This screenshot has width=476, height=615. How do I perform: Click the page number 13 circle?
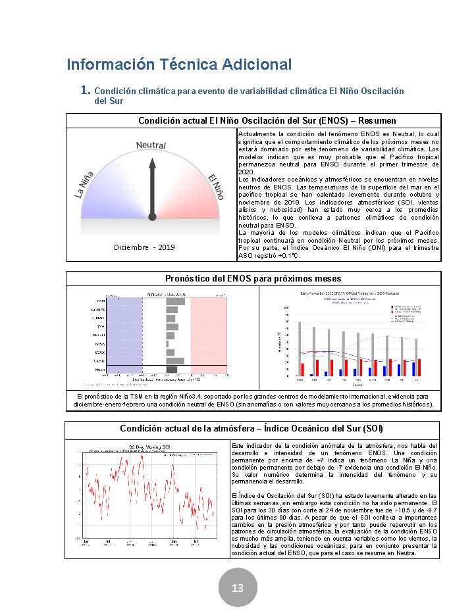[x=237, y=587]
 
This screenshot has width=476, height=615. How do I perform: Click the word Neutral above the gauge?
[x=151, y=145]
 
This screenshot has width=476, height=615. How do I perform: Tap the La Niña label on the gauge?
[x=84, y=184]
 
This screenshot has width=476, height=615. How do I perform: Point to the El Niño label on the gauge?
[x=215, y=187]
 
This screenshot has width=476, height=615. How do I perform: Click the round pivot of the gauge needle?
[x=152, y=216]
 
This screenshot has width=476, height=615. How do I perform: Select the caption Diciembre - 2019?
[x=144, y=247]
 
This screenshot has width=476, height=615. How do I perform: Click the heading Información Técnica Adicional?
[x=179, y=64]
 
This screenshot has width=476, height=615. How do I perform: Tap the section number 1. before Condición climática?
[x=85, y=90]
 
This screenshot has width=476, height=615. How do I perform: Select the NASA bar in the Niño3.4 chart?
[x=167, y=343]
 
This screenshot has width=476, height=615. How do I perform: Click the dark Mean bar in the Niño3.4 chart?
[x=171, y=369]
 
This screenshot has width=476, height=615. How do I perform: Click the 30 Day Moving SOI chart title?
[x=145, y=445]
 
